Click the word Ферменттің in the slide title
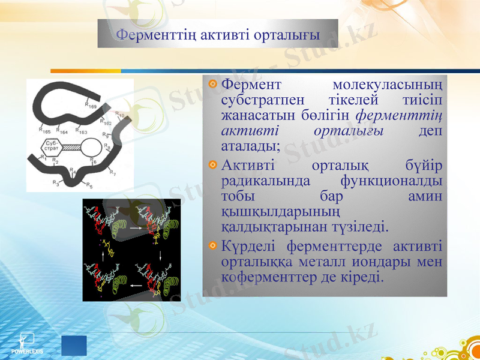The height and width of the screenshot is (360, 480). [x=148, y=34]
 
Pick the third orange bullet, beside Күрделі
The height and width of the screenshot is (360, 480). [x=212, y=245]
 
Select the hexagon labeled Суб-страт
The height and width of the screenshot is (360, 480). [x=52, y=146]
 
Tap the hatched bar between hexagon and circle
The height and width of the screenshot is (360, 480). [x=72, y=146]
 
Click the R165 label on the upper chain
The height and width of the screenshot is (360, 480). [x=44, y=130]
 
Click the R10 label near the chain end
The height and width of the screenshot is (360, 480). [x=119, y=115]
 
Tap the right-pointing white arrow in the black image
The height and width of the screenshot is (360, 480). [x=134, y=229]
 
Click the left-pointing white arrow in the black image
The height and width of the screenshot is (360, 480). [x=136, y=286]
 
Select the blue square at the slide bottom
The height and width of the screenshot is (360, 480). [x=74, y=346]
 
